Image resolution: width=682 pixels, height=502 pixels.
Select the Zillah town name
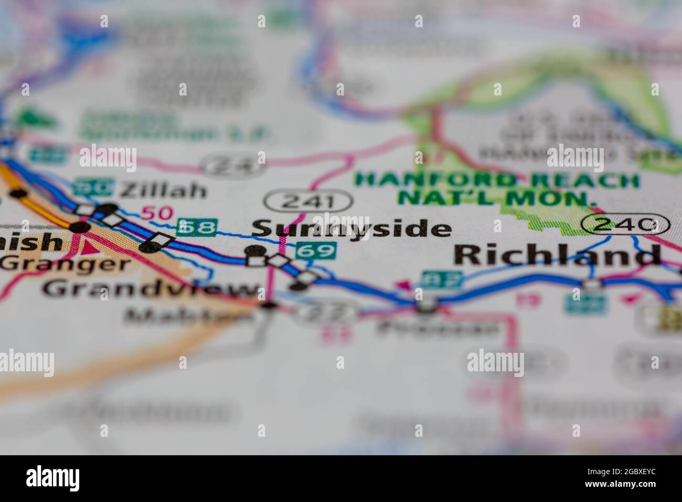163,190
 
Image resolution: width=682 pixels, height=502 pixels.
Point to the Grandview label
152,289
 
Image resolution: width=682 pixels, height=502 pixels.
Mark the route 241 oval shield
308,201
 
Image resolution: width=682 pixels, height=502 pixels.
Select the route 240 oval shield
625,225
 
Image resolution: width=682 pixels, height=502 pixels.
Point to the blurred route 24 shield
231,166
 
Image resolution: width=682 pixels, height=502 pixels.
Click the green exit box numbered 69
315,250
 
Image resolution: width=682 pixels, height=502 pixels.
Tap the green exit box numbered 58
196,227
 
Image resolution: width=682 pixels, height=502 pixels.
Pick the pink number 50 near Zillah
157,213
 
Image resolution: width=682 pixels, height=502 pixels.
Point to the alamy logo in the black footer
52,478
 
